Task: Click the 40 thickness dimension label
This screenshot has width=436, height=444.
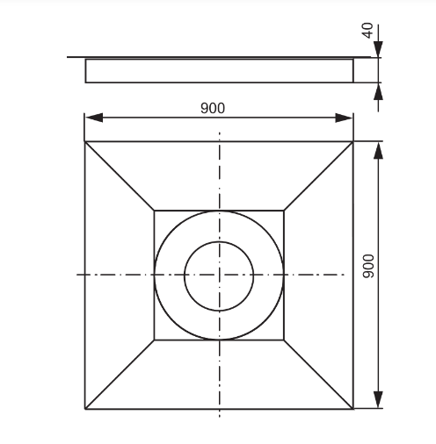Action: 368,30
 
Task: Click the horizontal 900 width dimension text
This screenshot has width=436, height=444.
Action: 213,108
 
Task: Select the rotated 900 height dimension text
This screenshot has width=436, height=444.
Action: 368,266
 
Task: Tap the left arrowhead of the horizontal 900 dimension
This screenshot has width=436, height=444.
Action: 94,118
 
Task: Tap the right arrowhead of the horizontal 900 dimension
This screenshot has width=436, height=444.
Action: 344,118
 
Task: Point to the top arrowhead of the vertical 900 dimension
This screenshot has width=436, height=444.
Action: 379,151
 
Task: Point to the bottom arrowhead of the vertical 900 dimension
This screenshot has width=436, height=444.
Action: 379,399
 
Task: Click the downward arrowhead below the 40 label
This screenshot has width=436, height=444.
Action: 379,49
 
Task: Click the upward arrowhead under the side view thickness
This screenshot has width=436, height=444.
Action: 379,91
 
